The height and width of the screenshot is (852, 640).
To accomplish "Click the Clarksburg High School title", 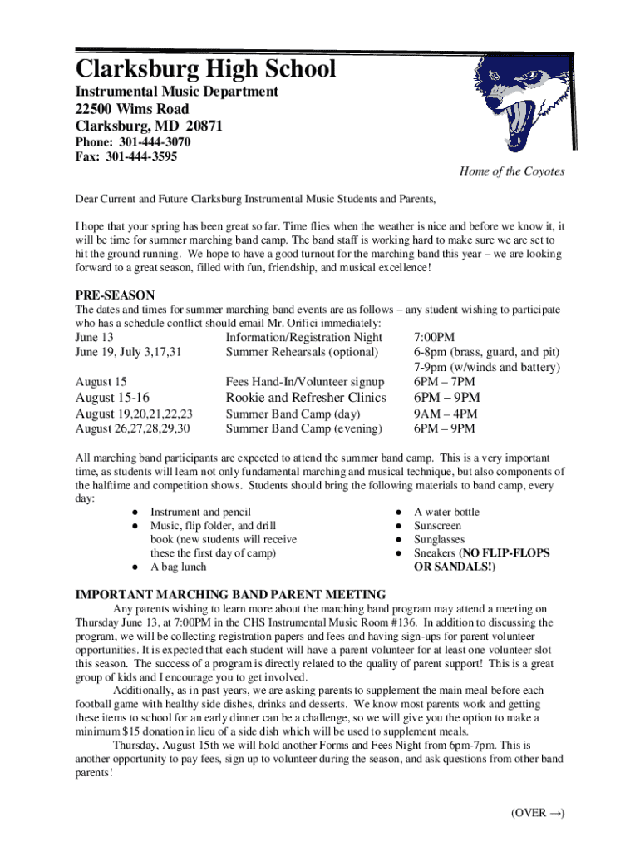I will pos(206,68).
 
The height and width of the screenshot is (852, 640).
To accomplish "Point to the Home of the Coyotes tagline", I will pos(511,171).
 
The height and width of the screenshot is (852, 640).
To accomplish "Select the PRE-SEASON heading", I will pos(115,295).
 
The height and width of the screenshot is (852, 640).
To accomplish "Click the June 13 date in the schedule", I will pos(95,337).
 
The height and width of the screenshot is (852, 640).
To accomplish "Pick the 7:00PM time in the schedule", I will pos(434,337).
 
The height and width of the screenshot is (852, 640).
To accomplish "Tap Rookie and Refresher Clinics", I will pos(306,398).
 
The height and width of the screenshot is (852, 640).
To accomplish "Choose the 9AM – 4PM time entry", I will pos(445,414).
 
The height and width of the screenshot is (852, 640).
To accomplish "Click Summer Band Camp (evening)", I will pos(304,428).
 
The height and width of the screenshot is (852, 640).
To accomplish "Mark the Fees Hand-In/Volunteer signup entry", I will pos(305,382).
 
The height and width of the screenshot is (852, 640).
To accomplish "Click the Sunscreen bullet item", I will pos(437,526).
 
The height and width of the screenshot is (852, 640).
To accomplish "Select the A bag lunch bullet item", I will pos(178,567).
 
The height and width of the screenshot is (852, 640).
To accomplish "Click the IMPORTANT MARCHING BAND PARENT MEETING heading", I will pos(230,594).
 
